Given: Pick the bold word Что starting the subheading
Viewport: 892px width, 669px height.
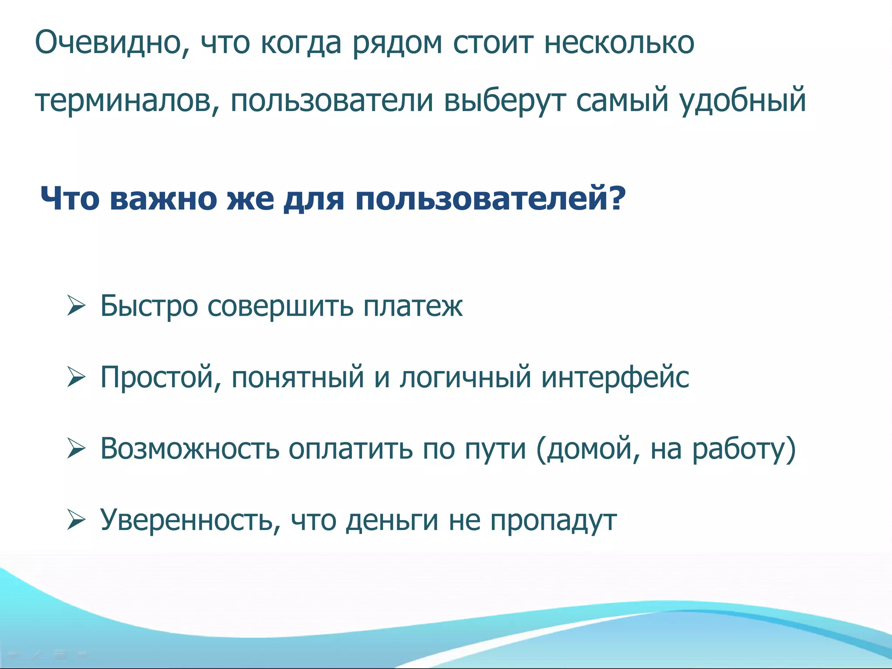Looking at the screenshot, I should click(70, 198).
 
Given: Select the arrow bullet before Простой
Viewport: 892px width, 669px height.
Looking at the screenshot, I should click(76, 377).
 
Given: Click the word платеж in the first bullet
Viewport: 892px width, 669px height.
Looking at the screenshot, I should click(412, 306).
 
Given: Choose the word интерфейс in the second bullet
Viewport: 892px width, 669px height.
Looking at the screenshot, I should click(615, 378).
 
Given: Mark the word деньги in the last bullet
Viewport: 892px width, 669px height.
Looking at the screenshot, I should click(392, 521).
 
